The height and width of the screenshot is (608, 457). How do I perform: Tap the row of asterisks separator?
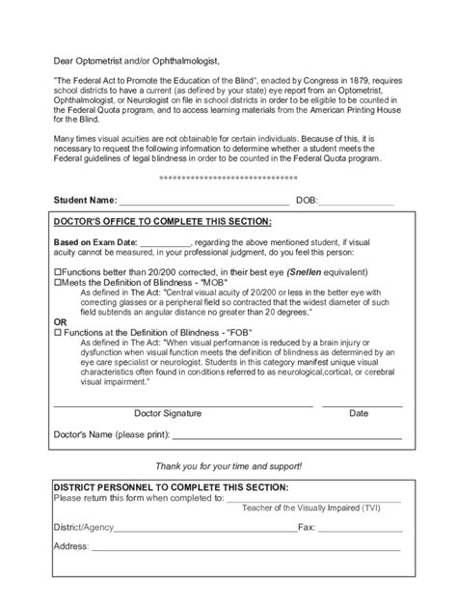228,180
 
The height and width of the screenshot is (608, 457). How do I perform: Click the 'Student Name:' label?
84,202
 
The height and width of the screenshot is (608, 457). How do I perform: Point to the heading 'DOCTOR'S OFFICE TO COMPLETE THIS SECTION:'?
162,222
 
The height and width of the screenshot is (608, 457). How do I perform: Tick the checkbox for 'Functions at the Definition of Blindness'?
57,331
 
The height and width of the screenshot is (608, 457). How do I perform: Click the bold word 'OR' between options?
61,321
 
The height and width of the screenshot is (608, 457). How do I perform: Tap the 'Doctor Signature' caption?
168,413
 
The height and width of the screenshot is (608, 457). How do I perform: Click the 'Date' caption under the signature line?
359,413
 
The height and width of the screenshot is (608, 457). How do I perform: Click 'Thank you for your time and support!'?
228,465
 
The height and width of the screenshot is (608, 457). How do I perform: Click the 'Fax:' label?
308,528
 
